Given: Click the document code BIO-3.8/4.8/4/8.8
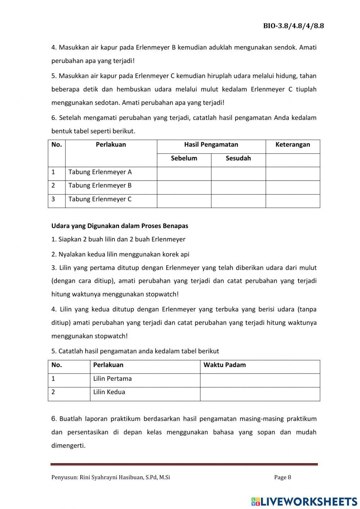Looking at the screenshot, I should tap(293, 26).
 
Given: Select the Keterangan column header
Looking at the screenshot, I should tap(292, 145).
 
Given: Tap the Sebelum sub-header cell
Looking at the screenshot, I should tap(184, 158).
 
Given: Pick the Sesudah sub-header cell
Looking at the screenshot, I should tap(238, 158).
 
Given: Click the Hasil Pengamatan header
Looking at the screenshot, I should tap(211, 145).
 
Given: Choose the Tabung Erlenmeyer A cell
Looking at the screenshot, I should tap(100, 172).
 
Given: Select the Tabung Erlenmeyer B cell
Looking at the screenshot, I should tap(100, 186).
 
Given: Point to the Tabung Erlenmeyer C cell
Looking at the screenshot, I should tap(100, 199).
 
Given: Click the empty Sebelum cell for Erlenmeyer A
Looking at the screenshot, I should tap(184, 174).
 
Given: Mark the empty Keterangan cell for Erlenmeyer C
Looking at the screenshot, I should tap(293, 201).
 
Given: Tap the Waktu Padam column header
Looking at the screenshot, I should tap(225, 365).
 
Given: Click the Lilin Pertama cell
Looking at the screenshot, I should tap(112, 379).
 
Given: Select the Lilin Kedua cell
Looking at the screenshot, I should tap(109, 392).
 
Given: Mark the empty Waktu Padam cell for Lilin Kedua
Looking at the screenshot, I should tap(260, 394).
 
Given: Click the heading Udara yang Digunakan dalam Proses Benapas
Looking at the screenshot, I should tap(120, 226).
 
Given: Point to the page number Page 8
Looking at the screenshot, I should tap(283, 478).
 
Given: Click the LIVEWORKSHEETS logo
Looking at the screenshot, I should tap(304, 501).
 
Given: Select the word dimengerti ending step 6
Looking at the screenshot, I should tap(68, 446).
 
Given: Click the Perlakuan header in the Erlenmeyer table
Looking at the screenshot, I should tap(111, 145).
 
